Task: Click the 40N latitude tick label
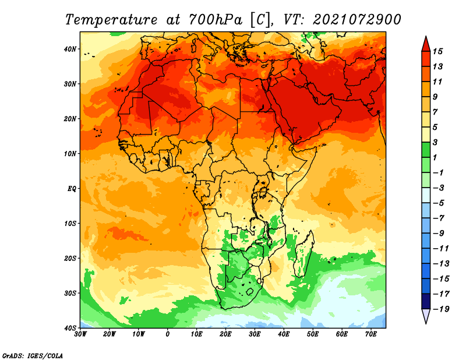70,49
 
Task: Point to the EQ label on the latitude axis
72,189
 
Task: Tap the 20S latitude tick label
70,258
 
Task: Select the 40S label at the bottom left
70,328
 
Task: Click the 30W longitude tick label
80,334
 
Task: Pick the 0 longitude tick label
168,334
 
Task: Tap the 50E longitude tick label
313,334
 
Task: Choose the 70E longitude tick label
370,334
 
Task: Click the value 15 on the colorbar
437,51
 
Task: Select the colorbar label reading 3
435,142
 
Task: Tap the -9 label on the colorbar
439,234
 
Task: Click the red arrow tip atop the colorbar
426,37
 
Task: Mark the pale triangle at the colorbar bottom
426,316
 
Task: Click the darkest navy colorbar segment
426,301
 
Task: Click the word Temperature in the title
111,20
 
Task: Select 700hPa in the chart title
216,20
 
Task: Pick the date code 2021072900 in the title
356,20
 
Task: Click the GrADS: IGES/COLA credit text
33,356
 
